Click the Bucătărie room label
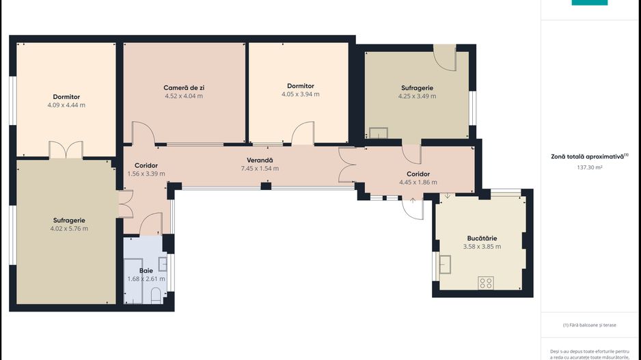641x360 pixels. coord(482,238)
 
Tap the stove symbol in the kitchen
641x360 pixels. coord(486,283)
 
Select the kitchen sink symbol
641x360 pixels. coord(445,264)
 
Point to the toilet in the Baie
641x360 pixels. coord(156,295)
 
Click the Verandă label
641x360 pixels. coord(260,161)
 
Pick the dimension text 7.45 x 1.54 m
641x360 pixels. coord(260,168)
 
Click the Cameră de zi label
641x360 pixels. coord(184,88)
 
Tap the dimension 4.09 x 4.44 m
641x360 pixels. coord(66,105)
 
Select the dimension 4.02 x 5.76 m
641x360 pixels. coord(69,228)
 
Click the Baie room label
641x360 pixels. coord(146,271)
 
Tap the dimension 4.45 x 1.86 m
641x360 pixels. coord(418,182)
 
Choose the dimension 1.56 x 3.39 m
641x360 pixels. coord(146,174)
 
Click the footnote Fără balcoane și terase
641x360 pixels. coord(590,325)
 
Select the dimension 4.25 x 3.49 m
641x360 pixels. coord(417,96)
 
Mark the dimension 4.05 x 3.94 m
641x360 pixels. coord(301,94)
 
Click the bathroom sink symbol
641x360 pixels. coord(163,264)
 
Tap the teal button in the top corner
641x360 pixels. coord(590,3)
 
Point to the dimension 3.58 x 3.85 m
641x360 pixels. coord(482,247)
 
